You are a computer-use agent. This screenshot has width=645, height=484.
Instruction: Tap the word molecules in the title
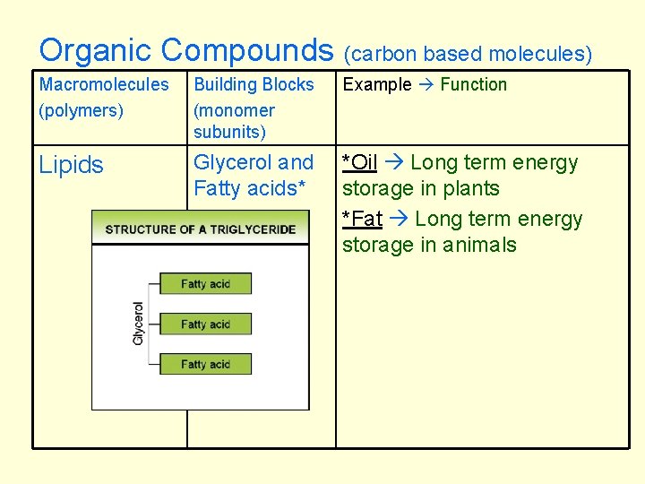tap(542, 54)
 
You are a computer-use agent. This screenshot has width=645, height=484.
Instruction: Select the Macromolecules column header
tap(104, 84)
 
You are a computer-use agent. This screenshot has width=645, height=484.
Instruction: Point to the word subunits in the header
tap(229, 132)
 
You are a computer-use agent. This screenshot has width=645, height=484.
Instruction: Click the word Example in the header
tap(377, 84)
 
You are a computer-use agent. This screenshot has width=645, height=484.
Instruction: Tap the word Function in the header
tap(473, 84)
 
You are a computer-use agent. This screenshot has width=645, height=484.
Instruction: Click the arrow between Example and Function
tap(426, 85)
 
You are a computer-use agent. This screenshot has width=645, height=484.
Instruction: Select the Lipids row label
tap(72, 165)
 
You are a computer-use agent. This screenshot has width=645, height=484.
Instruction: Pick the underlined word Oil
tap(363, 162)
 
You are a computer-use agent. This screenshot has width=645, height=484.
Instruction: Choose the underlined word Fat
tap(365, 219)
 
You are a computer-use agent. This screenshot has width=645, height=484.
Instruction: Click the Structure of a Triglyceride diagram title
tap(200, 229)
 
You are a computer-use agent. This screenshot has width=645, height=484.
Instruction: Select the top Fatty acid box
tap(205, 283)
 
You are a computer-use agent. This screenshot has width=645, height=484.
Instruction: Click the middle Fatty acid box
tap(205, 324)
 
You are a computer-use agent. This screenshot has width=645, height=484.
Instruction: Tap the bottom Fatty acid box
tap(205, 364)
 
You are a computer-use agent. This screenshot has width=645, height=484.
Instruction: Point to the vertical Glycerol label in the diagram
tap(138, 324)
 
